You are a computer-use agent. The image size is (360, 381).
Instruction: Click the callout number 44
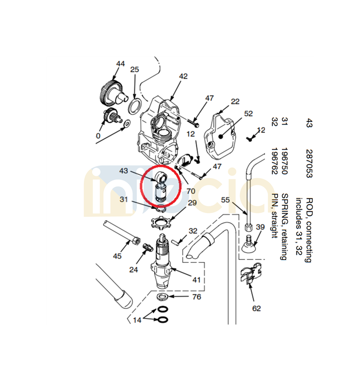click(120, 63)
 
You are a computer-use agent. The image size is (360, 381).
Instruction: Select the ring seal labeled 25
click(135, 106)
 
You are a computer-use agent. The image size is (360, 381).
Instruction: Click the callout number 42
click(183, 76)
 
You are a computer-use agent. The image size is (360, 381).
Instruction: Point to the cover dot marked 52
click(221, 136)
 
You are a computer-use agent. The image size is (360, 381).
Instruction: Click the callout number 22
click(235, 101)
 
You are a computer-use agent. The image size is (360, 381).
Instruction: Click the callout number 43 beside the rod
click(123, 171)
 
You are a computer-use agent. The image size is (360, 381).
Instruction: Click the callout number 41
click(196, 280)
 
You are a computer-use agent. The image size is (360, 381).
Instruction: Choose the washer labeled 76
click(162, 296)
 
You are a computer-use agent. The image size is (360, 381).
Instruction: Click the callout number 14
click(137, 320)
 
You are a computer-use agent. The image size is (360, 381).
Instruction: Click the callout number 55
click(225, 200)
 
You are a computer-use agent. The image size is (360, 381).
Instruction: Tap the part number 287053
click(309, 164)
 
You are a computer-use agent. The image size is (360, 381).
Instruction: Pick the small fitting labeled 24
click(148, 247)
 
